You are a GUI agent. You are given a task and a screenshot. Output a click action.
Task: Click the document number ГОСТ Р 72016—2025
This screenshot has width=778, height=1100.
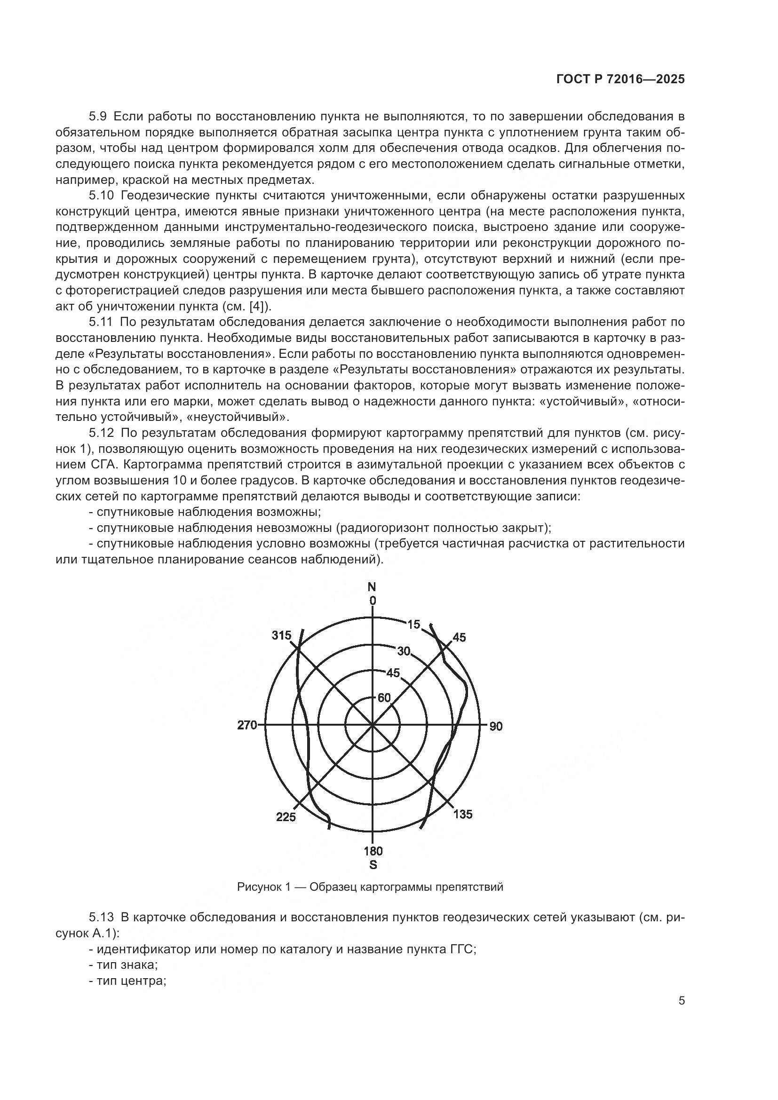620,79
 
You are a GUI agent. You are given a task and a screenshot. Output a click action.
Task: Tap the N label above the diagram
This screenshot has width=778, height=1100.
372,587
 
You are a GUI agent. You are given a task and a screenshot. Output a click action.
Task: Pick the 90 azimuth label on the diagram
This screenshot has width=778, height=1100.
496,726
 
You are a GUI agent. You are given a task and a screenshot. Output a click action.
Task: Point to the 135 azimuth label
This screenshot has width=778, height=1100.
462,814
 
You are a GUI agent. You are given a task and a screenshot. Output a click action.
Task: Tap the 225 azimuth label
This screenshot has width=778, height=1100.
286,817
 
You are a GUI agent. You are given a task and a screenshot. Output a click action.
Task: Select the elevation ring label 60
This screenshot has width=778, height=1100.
384,698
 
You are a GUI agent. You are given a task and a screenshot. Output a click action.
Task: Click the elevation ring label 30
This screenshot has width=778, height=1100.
404,650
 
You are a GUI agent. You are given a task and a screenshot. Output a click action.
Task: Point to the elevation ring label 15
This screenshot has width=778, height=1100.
413,624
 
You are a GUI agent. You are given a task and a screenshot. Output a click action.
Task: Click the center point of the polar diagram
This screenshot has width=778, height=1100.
372,726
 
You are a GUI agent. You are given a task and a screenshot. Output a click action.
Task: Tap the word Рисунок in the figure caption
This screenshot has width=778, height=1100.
258,887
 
